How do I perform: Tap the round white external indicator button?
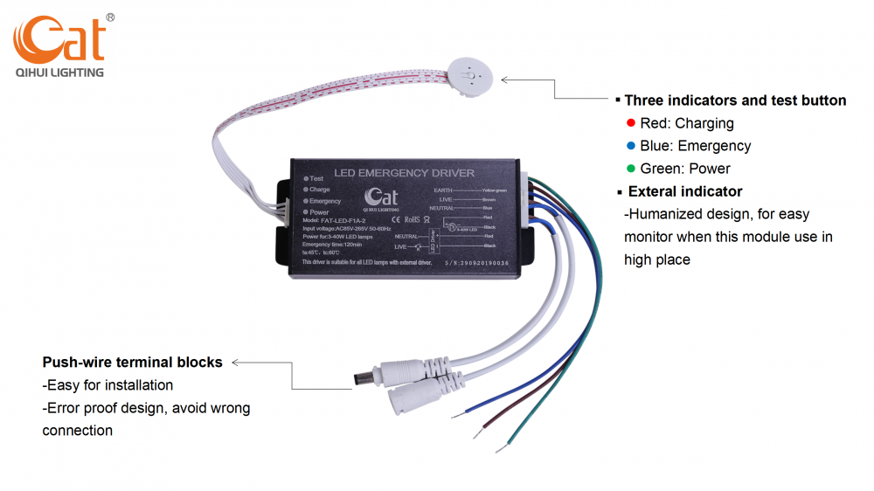pyautogui.click(x=470, y=76)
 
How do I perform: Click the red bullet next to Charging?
pyautogui.click(x=631, y=123)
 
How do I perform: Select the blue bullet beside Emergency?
pyautogui.click(x=631, y=146)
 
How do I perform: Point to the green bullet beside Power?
pyautogui.click(x=631, y=169)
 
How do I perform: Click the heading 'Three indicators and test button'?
pyautogui.click(x=734, y=100)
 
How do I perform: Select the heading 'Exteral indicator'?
pyautogui.click(x=684, y=191)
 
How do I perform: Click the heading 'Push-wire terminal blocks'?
pyautogui.click(x=132, y=362)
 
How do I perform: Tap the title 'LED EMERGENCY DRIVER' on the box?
pyautogui.click(x=405, y=173)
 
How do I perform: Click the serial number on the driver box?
pyautogui.click(x=476, y=262)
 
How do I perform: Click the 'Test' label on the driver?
pyautogui.click(x=316, y=178)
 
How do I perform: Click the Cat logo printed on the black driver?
pyautogui.click(x=379, y=198)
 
